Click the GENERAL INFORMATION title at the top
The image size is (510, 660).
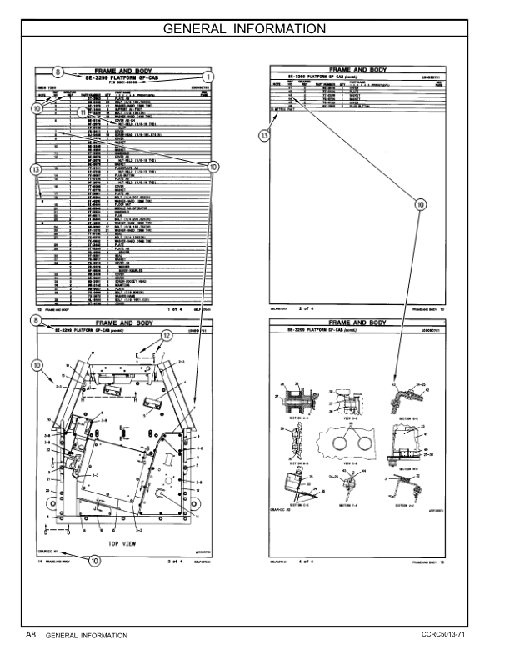point(254,29)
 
